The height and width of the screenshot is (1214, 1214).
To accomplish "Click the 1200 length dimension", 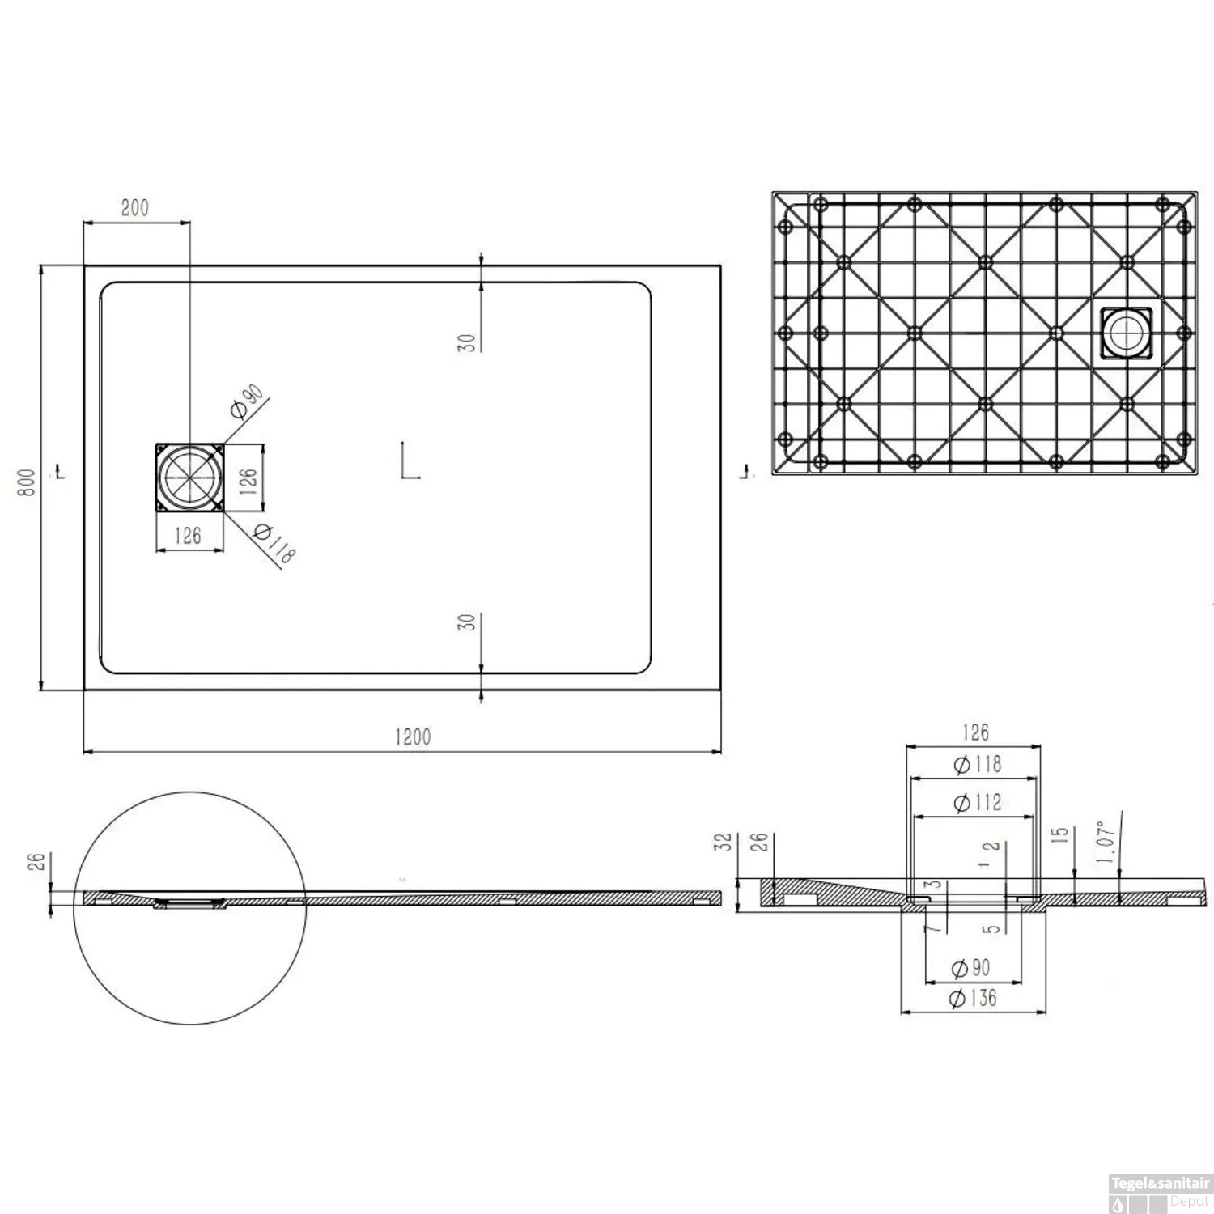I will [x=413, y=737].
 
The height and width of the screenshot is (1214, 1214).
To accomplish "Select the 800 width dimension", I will [x=28, y=482].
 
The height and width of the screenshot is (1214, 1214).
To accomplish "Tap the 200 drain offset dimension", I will [x=135, y=208].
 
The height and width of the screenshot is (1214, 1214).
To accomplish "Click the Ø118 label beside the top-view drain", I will [x=274, y=543].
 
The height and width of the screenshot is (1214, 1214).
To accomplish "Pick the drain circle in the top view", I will [x=189, y=477].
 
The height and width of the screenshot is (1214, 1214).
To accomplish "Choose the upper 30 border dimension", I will [x=467, y=342].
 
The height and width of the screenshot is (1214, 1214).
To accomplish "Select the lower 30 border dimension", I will [x=467, y=622].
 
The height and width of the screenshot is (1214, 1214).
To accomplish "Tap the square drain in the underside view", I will [x=1126, y=333].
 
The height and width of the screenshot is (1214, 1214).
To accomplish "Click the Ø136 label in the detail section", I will [x=973, y=998].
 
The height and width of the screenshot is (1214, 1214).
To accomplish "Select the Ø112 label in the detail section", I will [x=978, y=802].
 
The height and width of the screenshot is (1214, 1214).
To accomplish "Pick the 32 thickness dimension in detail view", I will [x=725, y=842].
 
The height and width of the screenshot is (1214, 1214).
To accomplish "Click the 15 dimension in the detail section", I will [x=1062, y=835].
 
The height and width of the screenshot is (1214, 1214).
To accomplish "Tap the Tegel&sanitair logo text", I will [x=1161, y=1183].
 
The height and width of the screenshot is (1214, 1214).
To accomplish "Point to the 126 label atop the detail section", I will [x=975, y=732].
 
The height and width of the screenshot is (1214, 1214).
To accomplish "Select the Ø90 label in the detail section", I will [x=970, y=968].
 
